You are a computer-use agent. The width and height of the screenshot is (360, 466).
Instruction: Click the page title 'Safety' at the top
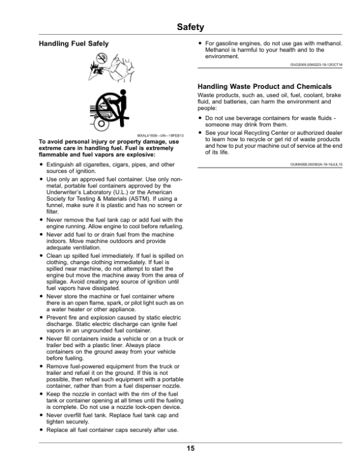point(192,27)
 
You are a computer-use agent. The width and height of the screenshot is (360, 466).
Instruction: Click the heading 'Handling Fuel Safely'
point(69,44)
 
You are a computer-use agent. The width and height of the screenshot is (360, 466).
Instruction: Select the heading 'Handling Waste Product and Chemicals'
point(265,87)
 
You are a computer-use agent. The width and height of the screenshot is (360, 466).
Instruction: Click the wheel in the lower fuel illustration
point(99,124)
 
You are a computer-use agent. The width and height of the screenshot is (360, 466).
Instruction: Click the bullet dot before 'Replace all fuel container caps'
point(40,430)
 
